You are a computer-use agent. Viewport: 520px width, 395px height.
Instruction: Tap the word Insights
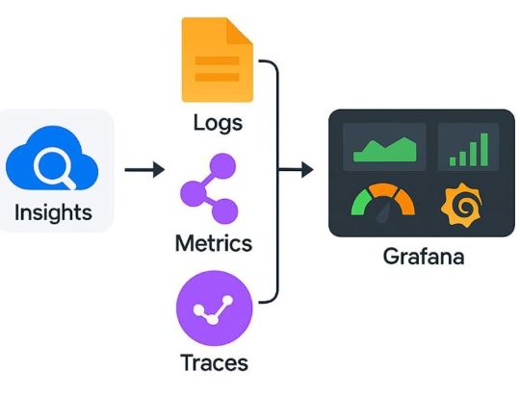pos(55,212)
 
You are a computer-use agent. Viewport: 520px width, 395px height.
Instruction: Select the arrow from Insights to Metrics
pos(144,170)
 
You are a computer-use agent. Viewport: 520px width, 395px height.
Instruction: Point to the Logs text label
pos(218,123)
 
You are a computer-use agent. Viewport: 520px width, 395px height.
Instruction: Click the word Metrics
pos(213,243)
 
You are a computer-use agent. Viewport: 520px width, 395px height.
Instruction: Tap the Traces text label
pos(214,363)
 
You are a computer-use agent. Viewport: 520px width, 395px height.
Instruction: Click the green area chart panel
pos(385,146)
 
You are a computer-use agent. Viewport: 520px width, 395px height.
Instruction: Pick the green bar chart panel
pos(469,146)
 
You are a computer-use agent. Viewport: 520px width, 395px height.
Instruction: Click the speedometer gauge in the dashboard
pos(383,201)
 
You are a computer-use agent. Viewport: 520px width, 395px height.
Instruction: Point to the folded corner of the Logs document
pos(240,29)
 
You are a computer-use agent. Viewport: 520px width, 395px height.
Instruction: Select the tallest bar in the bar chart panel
pos(483,149)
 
